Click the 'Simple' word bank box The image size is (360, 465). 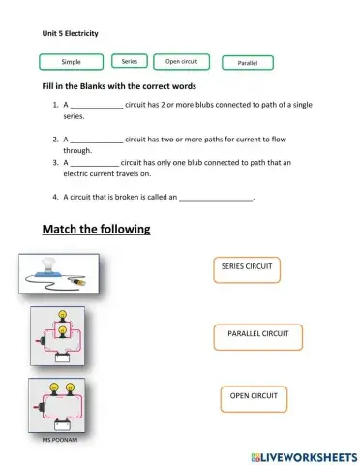pos(72,62)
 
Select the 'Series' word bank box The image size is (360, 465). pos(130,61)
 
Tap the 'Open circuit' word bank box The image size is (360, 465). pos(181,61)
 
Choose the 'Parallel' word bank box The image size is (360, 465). pos(247,62)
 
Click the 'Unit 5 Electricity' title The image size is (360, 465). pos(71,32)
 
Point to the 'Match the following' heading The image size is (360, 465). pos(97,230)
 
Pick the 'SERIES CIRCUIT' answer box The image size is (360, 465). pos(246,266)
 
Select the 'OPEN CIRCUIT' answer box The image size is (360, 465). pos(254,397)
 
